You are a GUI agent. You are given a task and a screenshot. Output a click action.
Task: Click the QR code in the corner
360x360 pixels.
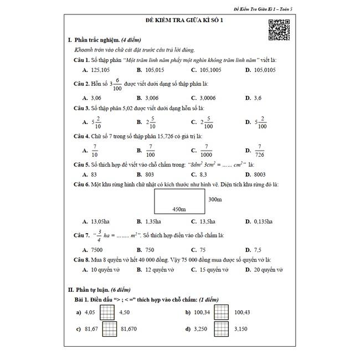click(x=279, y=29)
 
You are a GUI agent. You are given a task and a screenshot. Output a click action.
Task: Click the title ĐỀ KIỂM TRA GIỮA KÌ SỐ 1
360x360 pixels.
click(x=181, y=21)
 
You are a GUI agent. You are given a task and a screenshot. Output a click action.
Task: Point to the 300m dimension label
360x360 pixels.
click(x=215, y=199)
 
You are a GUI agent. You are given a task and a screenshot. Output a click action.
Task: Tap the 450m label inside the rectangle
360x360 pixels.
click(x=179, y=209)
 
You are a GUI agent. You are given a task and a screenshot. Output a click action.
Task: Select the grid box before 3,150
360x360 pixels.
click(x=221, y=329)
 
